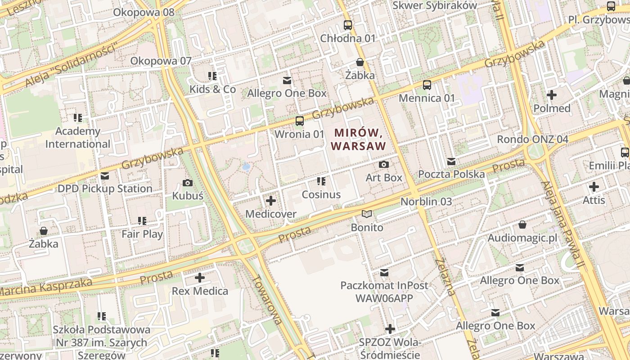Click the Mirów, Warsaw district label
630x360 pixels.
coord(359,139)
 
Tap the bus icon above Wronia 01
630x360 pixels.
coord(299,121)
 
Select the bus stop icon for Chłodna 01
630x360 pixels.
coord(347,25)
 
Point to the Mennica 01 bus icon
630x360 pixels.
coord(427,85)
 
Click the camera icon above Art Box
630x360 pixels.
coord(383,165)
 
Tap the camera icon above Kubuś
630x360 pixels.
coord(188,183)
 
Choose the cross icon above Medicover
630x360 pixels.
coord(271,201)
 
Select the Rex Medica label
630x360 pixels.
coord(200,291)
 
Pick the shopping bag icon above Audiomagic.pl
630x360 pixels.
coord(522,224)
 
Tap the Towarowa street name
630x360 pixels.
coord(267,299)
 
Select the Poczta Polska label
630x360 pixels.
coord(451,174)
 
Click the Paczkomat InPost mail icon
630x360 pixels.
coord(384,272)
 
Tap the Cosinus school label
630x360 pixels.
coord(321,194)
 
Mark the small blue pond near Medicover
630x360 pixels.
coord(246,166)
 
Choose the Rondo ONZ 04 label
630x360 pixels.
coord(532,139)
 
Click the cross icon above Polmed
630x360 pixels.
coord(551,95)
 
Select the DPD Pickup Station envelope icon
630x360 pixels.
coord(105,175)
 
